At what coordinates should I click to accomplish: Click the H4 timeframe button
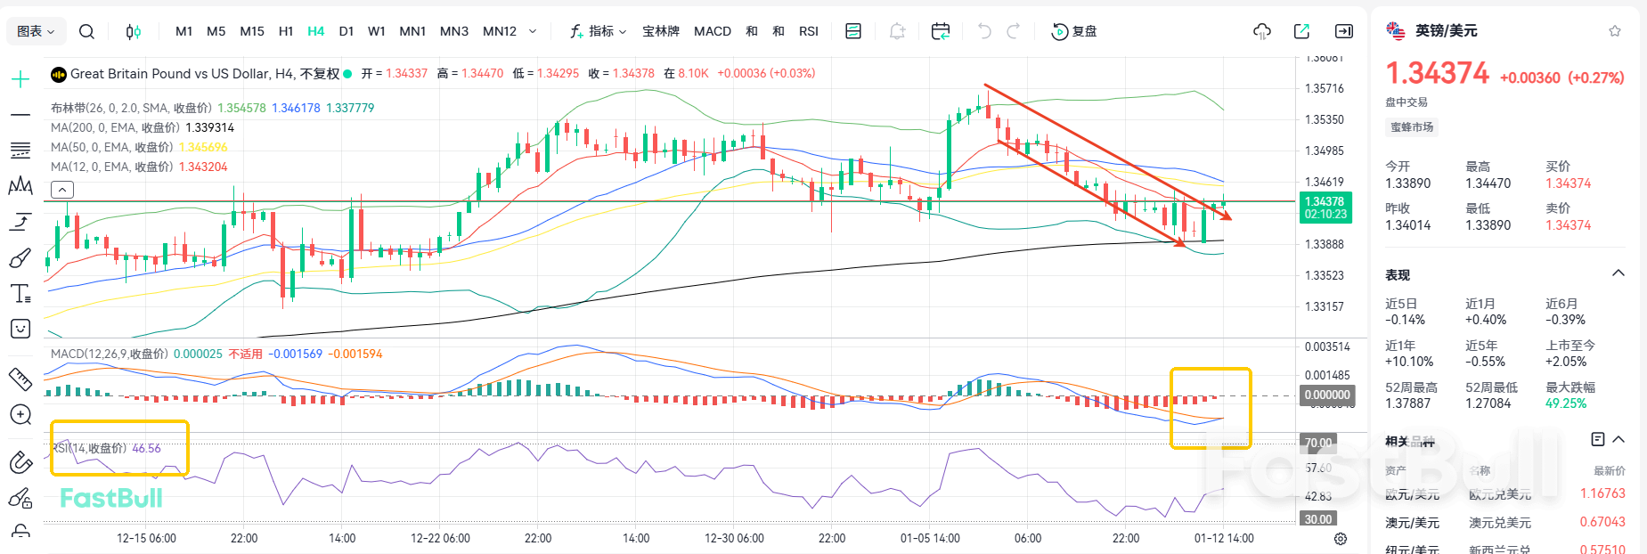(x=315, y=31)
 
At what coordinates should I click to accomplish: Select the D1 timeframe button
(x=347, y=31)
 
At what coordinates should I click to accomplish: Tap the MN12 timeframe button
(x=499, y=31)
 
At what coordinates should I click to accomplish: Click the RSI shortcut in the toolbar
(x=808, y=31)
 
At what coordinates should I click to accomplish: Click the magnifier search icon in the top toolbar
(x=86, y=31)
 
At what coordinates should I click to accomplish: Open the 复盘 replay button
(x=1074, y=31)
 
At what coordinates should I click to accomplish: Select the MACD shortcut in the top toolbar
(x=712, y=31)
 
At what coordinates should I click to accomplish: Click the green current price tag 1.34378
(x=1325, y=202)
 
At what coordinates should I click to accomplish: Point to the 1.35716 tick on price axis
(x=1324, y=88)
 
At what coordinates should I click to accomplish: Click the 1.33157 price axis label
(x=1324, y=306)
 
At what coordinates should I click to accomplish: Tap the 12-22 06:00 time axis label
(x=440, y=538)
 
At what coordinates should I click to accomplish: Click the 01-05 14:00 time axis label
(x=930, y=538)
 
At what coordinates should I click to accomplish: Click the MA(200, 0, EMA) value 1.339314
(x=209, y=127)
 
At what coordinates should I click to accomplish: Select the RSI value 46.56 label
(x=146, y=448)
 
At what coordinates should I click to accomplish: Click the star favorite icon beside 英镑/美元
(x=1615, y=31)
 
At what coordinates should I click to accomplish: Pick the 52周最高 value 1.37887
(x=1407, y=403)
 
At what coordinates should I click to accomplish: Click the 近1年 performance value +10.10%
(x=1409, y=362)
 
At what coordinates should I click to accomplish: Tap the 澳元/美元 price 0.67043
(x=1602, y=522)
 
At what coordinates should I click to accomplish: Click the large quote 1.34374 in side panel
(x=1437, y=73)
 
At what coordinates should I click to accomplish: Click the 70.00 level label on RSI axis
(x=1318, y=443)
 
